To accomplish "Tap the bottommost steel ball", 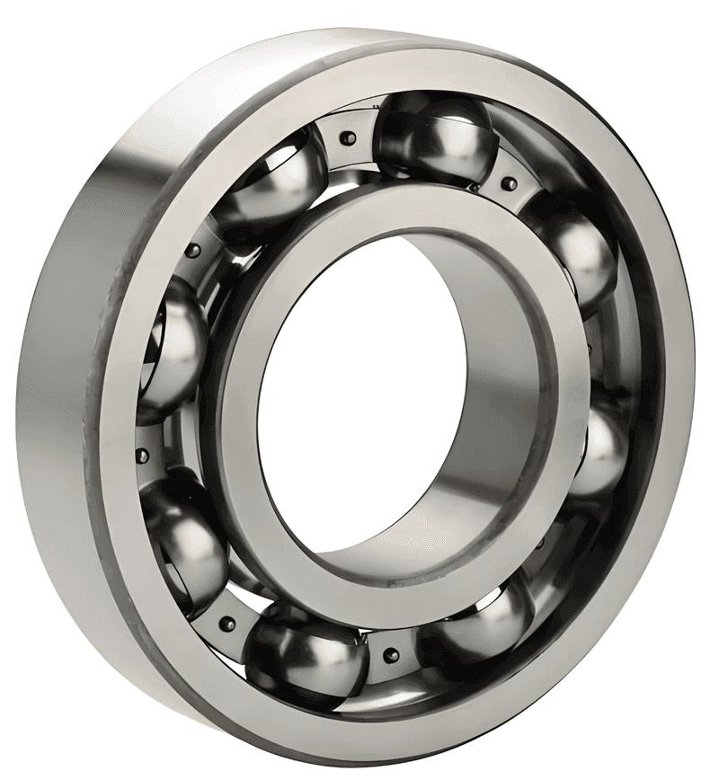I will [x=306, y=660].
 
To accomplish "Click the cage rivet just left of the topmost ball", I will [x=349, y=137].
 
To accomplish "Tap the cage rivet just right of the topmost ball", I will [x=509, y=184].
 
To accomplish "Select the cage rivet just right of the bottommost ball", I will [x=391, y=656].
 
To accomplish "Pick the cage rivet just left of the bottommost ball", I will [x=227, y=623].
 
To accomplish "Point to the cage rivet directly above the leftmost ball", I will [x=192, y=252].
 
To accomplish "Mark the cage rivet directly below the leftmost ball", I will [x=142, y=456].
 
